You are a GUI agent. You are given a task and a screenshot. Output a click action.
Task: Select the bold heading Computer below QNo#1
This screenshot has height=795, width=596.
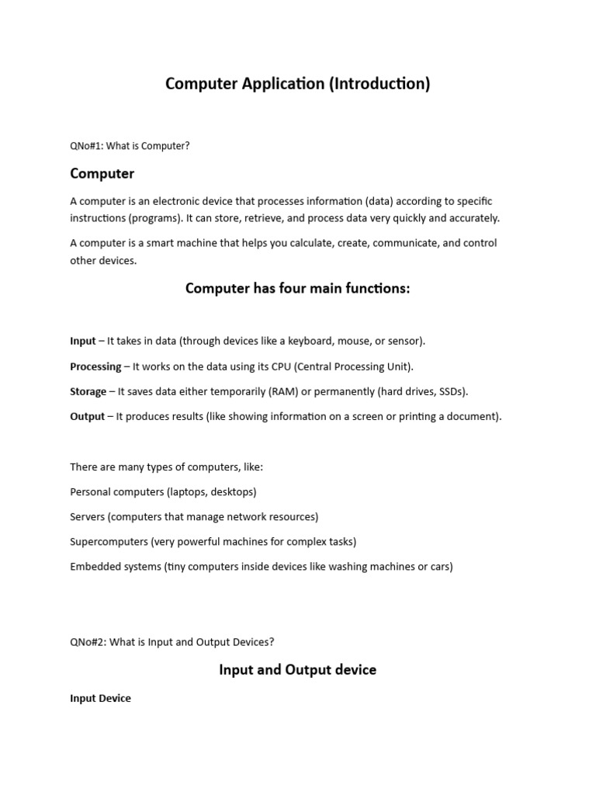click(x=102, y=174)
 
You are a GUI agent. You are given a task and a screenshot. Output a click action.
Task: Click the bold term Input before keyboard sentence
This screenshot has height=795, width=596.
click(x=83, y=341)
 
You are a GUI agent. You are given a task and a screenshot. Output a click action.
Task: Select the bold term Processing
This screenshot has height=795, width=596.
click(x=95, y=366)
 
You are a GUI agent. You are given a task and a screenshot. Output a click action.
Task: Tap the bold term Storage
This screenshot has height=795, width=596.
click(x=88, y=391)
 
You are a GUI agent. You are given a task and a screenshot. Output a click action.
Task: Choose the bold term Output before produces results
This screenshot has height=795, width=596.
click(x=87, y=416)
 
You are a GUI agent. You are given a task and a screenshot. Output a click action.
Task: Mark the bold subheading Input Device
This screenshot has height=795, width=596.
click(x=100, y=698)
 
